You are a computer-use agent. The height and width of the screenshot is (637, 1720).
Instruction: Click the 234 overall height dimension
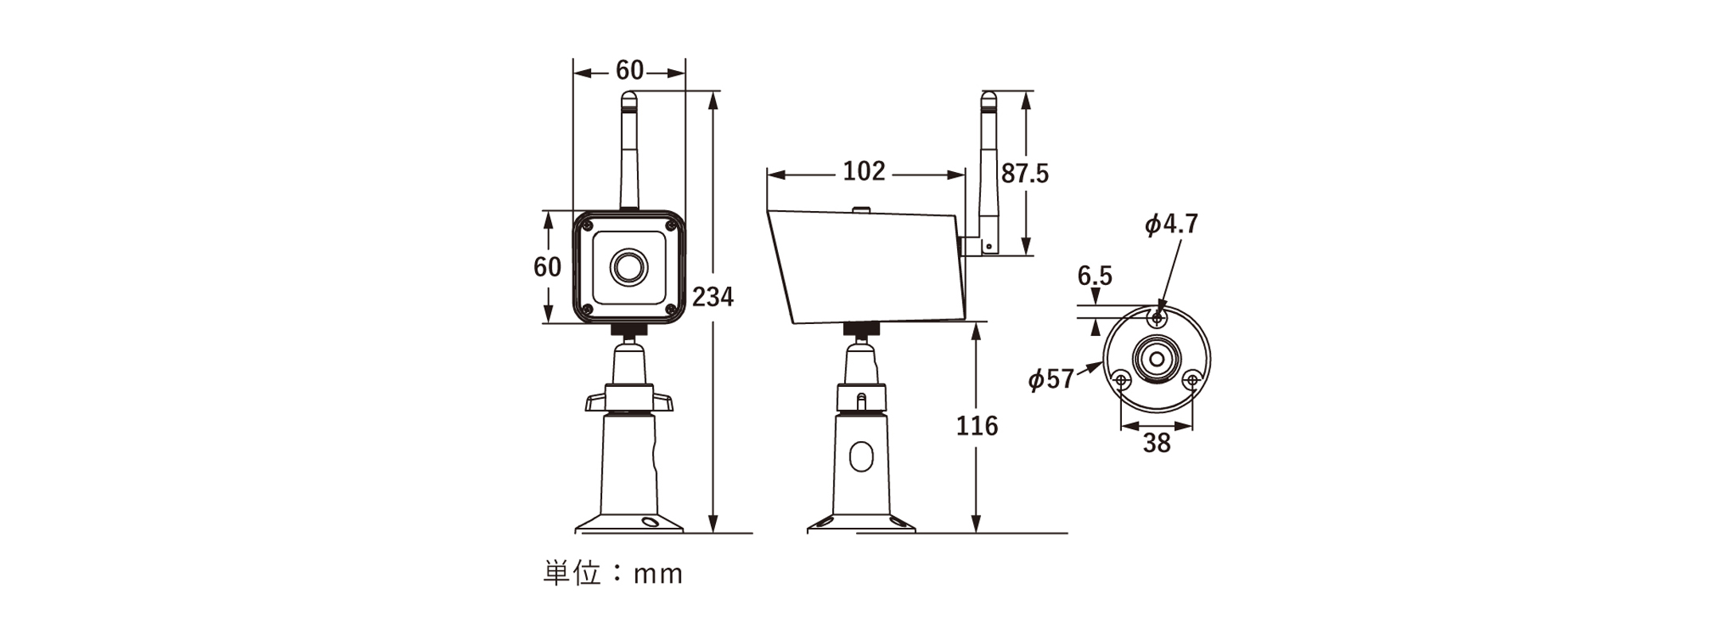pyautogui.click(x=712, y=296)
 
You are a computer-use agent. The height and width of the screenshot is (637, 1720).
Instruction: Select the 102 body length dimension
pyautogui.click(x=864, y=171)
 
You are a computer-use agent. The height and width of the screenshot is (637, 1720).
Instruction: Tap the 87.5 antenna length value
pyautogui.click(x=1025, y=174)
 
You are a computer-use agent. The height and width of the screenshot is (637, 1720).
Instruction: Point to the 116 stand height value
pyautogui.click(x=976, y=426)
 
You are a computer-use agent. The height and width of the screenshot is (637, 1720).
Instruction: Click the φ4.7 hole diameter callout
pyautogui.click(x=1171, y=225)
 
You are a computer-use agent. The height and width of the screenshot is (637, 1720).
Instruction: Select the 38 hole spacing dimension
pyautogui.click(x=1156, y=443)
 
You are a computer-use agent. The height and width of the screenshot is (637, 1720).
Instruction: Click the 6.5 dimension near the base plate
pyautogui.click(x=1095, y=276)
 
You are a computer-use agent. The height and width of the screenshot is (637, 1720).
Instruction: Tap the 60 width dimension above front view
pyautogui.click(x=629, y=71)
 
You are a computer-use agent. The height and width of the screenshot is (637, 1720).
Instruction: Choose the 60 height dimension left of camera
pyautogui.click(x=547, y=267)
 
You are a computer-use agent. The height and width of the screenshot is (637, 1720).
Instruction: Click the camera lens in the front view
pyautogui.click(x=629, y=267)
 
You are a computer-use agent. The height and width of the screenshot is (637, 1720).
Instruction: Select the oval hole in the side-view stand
pyautogui.click(x=861, y=458)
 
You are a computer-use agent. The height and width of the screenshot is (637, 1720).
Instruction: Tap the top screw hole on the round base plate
pyautogui.click(x=1157, y=318)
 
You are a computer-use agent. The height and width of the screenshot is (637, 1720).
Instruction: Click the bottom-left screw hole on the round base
pyautogui.click(x=1121, y=380)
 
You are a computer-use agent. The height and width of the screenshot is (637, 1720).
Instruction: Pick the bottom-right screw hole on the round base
pyautogui.click(x=1192, y=380)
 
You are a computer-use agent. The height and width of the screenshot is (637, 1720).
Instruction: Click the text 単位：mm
pyautogui.click(x=612, y=573)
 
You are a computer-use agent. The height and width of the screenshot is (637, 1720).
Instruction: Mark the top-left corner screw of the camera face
pyautogui.click(x=587, y=226)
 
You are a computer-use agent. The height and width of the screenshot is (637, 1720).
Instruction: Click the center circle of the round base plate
pyautogui.click(x=1156, y=358)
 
